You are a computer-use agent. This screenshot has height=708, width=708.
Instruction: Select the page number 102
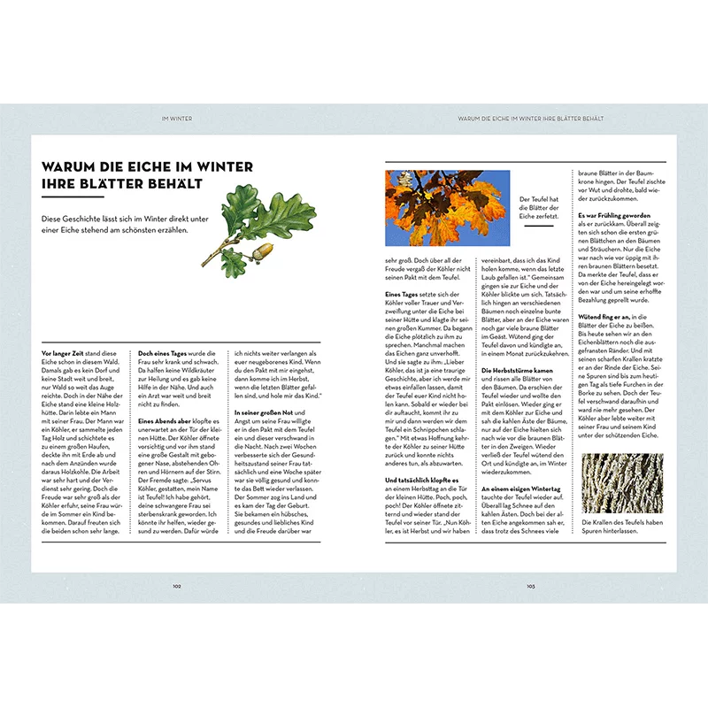tap(177, 585)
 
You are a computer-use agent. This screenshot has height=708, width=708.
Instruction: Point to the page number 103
tap(531, 585)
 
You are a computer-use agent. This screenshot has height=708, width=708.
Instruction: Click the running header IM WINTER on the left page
tap(177, 118)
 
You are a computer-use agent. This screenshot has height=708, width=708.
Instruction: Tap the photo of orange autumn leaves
tap(448, 209)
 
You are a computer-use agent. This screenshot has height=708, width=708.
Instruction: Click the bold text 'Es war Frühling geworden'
tap(614, 215)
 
